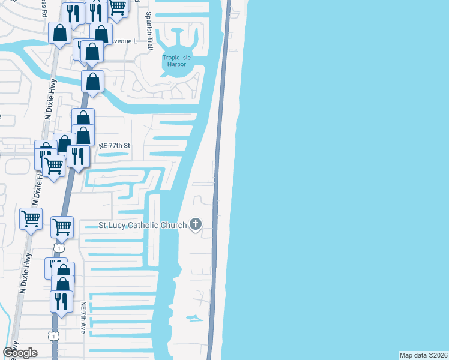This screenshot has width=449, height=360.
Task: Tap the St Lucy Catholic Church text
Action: [x=143, y=226]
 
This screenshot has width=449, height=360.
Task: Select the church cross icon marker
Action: [x=195, y=225]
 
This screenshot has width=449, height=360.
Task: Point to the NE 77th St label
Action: [x=115, y=146]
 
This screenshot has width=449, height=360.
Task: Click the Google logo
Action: [x=20, y=353]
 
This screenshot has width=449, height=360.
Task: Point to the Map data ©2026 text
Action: [x=423, y=355]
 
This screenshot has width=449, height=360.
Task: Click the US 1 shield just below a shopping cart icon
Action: [x=58, y=247]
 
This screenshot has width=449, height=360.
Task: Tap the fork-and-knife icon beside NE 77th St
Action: [x=78, y=156]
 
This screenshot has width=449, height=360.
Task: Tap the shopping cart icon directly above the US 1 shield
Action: [x=62, y=226]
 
